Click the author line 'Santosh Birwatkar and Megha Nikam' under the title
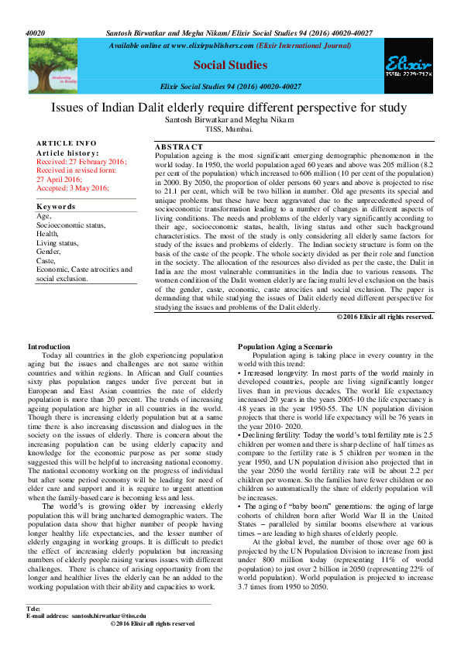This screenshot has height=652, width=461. coord(230,121)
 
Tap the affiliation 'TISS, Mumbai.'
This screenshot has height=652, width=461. coord(229,129)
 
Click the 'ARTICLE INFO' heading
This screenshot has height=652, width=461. coord(67,143)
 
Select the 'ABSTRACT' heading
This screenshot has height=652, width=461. coord(179,147)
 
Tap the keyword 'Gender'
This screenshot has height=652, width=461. coord(49,252)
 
